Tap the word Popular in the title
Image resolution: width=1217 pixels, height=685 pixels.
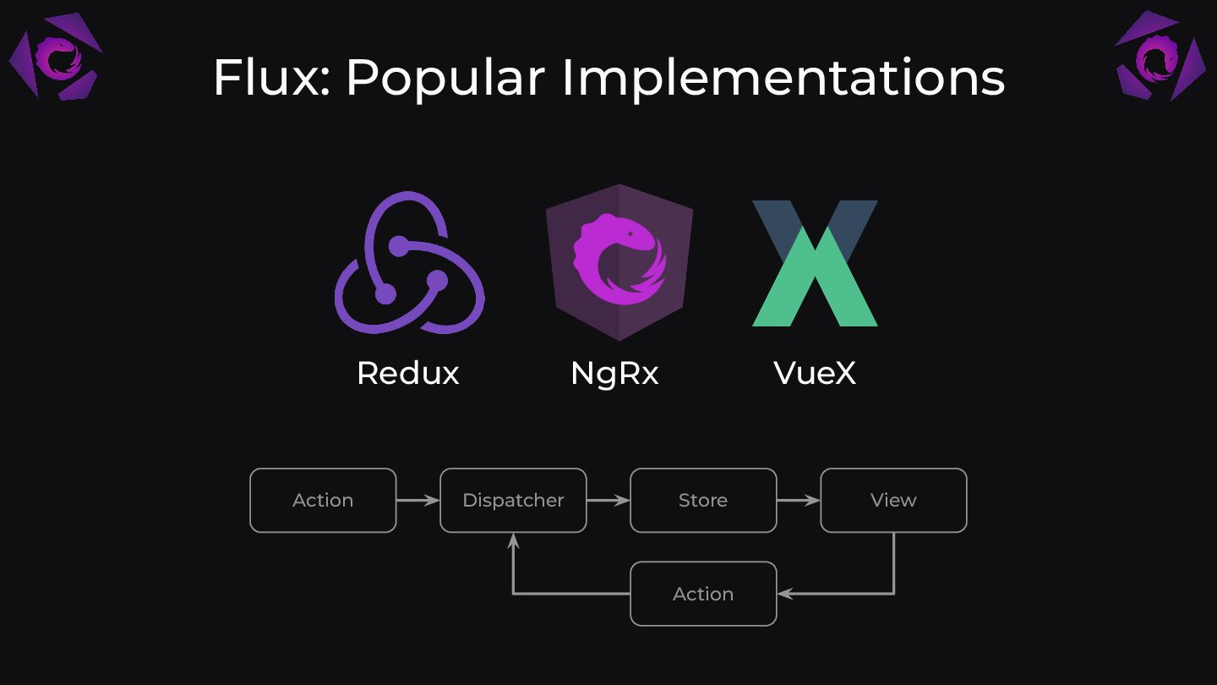(445, 78)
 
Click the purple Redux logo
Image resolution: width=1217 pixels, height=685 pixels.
(409, 263)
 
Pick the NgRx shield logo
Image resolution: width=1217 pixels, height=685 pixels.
(619, 261)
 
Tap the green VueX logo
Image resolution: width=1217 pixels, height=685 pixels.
(815, 264)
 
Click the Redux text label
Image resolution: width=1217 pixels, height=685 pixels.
(407, 373)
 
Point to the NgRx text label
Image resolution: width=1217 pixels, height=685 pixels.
(614, 373)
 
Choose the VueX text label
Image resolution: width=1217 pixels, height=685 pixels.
(815, 373)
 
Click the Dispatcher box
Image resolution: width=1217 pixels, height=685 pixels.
(513, 501)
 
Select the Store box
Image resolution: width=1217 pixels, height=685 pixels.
(703, 501)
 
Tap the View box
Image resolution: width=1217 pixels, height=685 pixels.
(893, 501)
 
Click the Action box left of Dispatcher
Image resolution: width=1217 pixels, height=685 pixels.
(323, 501)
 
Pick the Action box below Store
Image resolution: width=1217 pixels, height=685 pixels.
(703, 594)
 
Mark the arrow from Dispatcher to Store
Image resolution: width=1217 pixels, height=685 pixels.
(608, 501)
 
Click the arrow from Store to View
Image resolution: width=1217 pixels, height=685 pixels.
(799, 501)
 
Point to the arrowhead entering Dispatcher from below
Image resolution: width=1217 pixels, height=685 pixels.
(513, 540)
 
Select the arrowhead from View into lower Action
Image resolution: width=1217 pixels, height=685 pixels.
(784, 594)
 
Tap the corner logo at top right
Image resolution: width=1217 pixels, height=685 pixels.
(1160, 56)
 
